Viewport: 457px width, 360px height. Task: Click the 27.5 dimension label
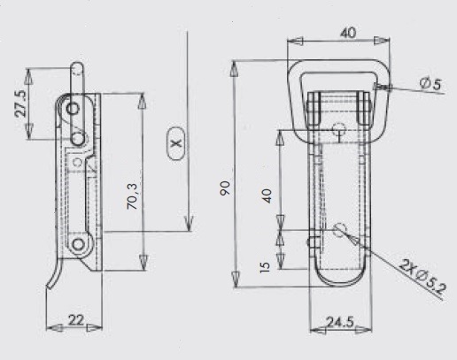pos(21,103)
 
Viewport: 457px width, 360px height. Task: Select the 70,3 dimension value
pos(132,196)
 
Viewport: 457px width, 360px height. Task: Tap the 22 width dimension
pos(76,320)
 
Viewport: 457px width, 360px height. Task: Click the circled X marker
pos(176,143)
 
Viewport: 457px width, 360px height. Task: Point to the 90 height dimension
pos(225,188)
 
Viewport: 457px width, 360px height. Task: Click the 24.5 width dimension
pos(340,322)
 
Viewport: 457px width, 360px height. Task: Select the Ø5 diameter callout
pos(430,84)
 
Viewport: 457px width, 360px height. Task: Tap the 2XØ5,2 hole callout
pos(422,277)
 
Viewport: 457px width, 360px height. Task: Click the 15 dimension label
pos(265,267)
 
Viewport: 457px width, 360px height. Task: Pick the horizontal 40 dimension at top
pos(348,33)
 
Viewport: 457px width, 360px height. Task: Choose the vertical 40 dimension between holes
pos(267,195)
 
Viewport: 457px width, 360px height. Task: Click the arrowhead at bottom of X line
pos(189,224)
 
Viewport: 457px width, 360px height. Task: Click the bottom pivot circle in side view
pos(78,244)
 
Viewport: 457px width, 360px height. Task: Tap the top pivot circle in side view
pos(73,109)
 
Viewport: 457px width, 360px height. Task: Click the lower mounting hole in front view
pos(340,230)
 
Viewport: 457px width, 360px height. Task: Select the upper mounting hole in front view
pos(339,129)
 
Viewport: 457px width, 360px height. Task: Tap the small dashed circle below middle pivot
pos(78,162)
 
